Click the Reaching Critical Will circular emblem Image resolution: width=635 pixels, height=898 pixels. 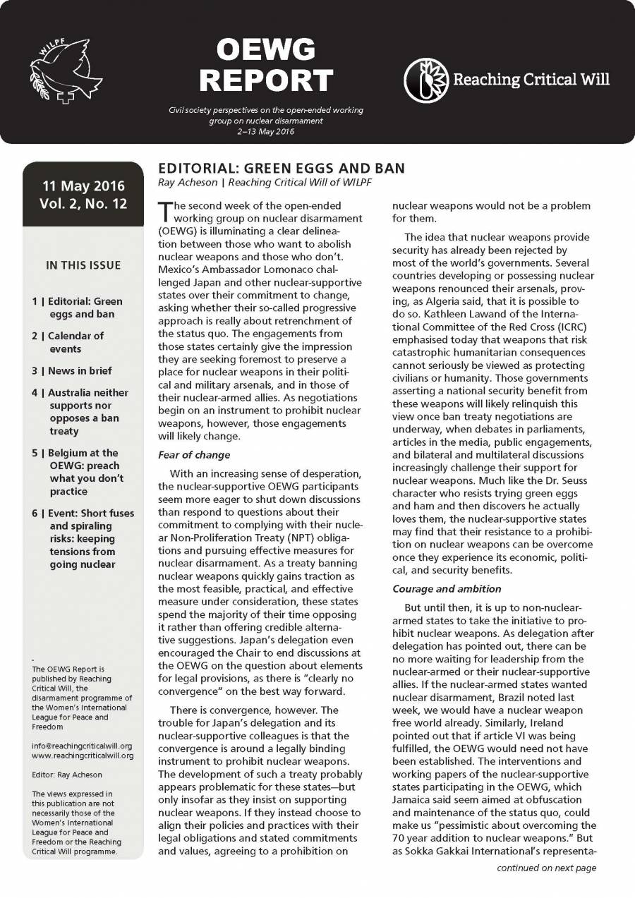(425, 80)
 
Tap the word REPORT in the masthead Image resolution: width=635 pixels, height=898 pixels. (265, 80)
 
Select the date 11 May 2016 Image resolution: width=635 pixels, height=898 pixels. (83, 186)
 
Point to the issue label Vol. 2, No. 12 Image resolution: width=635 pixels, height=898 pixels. (83, 207)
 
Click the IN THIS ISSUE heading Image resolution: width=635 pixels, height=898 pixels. (83, 266)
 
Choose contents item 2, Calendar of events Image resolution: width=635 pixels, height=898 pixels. (74, 342)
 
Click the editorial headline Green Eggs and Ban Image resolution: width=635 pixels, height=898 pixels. (282, 169)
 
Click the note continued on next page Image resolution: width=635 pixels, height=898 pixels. (546, 868)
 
